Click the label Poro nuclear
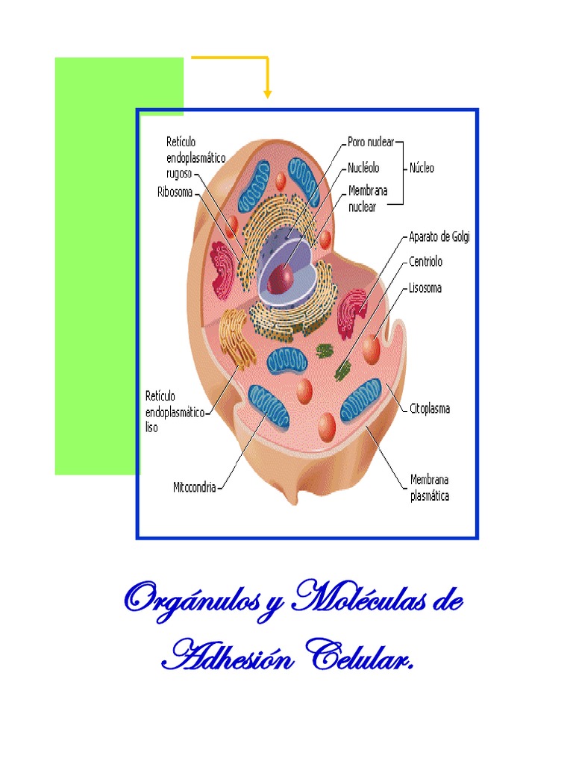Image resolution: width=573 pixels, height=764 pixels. pos(371,142)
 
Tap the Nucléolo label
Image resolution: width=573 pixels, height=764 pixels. pos(363,168)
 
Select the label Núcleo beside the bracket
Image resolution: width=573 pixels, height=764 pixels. pos(422,168)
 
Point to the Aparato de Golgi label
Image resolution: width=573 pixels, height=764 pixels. pos(439,237)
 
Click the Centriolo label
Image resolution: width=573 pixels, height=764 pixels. pos(425,262)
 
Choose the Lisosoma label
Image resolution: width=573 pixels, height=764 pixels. pos(425,287)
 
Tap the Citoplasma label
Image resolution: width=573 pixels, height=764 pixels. pos(430,409)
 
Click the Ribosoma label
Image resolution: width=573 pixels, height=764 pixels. pos(175,192)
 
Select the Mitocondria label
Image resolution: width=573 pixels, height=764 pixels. pos(194,487)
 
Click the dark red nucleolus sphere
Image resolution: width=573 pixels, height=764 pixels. pos(281,278)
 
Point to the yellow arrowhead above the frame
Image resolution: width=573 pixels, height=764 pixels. pos(267,93)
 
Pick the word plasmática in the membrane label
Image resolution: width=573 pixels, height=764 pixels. pos(430,495)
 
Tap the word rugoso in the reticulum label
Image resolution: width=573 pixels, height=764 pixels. pos(179,173)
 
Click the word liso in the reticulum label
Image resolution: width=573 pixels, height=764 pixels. pos(151,429)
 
